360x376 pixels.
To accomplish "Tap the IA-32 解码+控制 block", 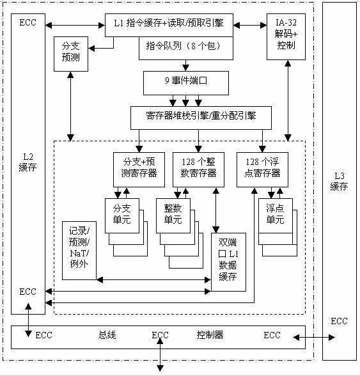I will coord(286,31).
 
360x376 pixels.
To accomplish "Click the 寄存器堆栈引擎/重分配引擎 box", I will coord(201,117).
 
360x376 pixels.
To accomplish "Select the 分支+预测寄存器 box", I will coord(135,168).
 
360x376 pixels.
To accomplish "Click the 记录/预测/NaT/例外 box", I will coord(79,249).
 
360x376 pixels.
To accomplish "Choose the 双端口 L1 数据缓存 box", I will coord(228,261).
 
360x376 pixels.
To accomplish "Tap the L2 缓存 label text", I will coord(28,161).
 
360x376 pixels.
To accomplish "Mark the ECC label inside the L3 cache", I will coord(339,321).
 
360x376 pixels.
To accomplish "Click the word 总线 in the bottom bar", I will coord(107,334).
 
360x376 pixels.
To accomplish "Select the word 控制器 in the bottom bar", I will coord(210,334).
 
